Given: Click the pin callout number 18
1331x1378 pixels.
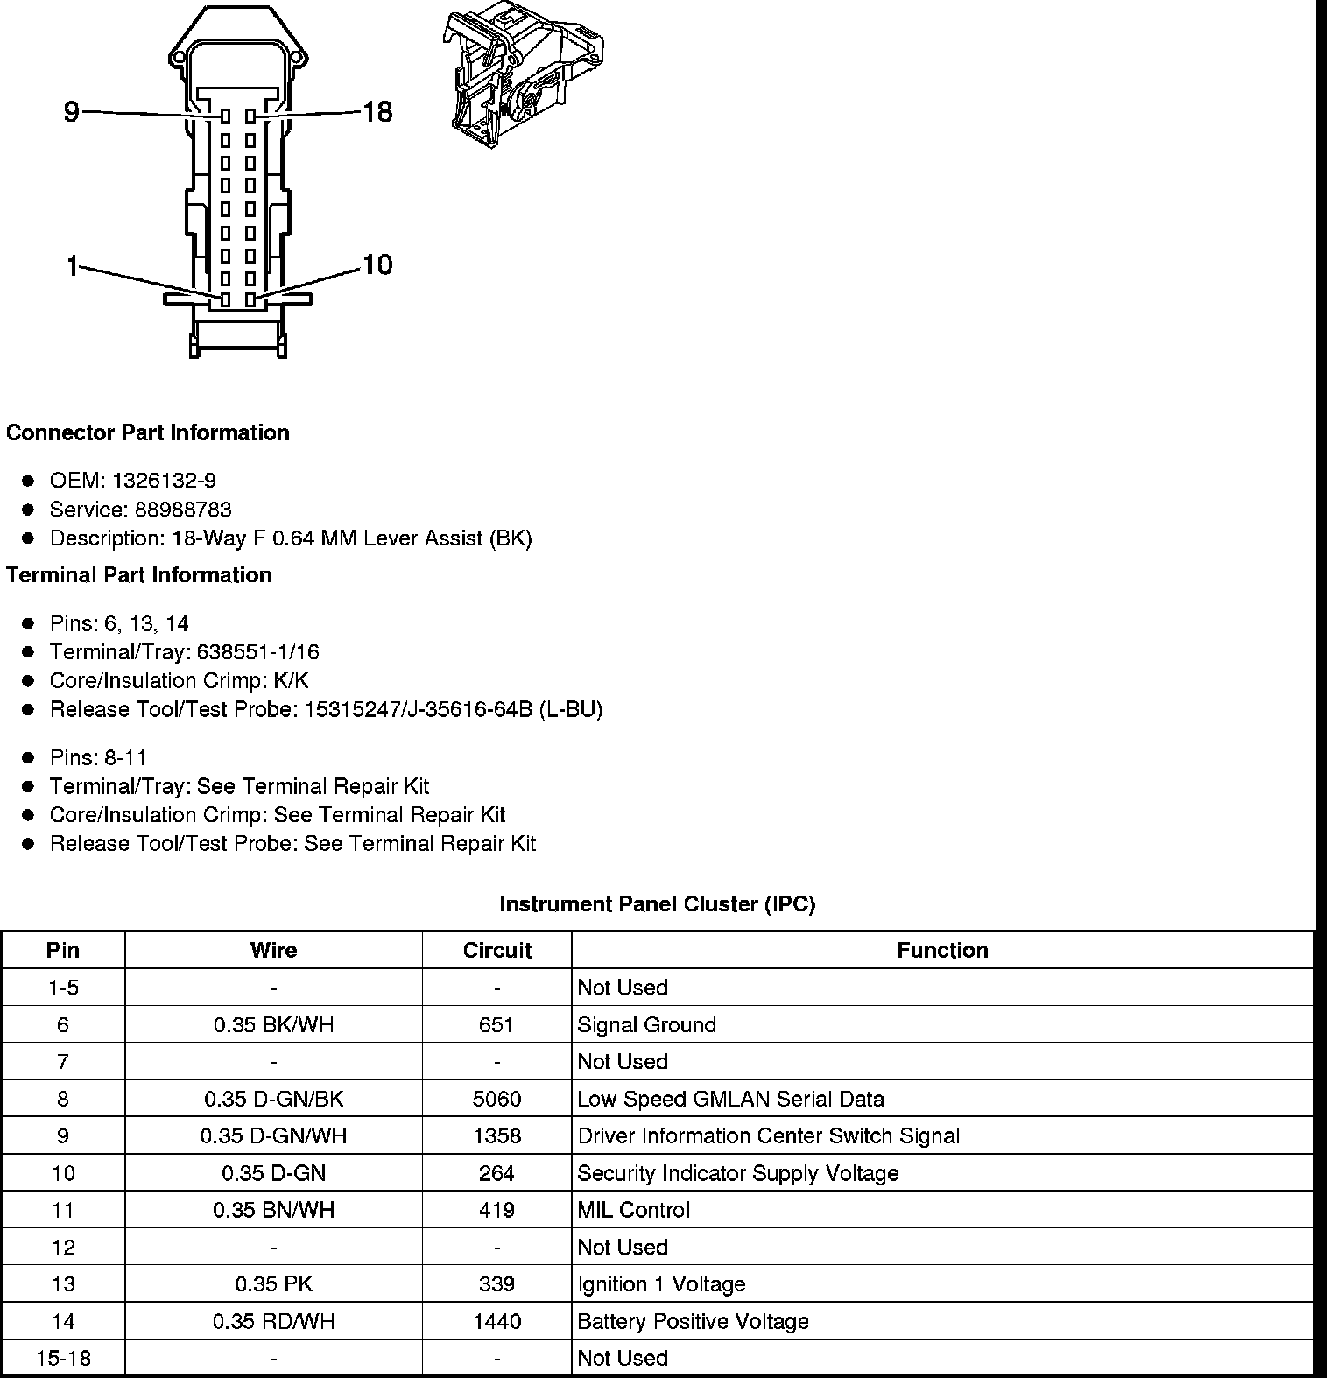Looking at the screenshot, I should tap(377, 112).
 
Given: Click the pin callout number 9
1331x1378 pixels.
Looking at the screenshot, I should tap(72, 112).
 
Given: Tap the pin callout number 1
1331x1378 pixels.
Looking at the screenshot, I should tap(72, 266).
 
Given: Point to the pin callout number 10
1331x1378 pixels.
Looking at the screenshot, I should tap(377, 264).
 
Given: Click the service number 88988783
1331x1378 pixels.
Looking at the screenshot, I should tap(183, 510).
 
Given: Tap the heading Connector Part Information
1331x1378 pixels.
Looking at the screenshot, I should tap(147, 433).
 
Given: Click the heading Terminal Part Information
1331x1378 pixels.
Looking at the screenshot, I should tap(138, 575).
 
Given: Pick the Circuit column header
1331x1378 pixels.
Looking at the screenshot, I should tap(496, 951).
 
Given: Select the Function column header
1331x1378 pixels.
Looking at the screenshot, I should tap(942, 951).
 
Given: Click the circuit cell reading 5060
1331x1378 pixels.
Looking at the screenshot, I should tap(496, 1100).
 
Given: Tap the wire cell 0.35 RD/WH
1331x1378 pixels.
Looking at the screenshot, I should tap(273, 1322).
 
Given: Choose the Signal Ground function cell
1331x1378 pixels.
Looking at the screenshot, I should tap(646, 1025).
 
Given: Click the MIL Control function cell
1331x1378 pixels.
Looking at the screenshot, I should tap(633, 1211).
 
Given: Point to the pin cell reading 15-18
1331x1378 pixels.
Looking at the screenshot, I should tap(63, 1359).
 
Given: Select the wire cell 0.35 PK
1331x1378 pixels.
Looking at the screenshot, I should tap(273, 1284).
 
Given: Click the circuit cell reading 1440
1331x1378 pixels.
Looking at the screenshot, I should tap(496, 1322).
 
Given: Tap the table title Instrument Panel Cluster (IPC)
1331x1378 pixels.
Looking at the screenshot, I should tap(657, 904).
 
